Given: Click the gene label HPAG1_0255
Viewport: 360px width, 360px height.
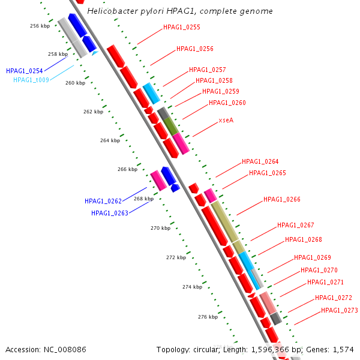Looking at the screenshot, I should pos(182,28).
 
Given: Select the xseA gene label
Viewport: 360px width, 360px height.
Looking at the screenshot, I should pos(226,120).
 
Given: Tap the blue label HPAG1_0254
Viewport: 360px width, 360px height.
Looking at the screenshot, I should pos(25,71).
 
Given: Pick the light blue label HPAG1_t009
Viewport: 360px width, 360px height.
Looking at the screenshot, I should pos(31,80).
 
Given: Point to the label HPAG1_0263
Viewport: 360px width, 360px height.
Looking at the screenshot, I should pos(110,213).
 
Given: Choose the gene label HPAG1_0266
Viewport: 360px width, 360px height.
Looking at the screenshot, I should pos(282,200).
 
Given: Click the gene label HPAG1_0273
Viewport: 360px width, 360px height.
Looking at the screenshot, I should pos(340,311).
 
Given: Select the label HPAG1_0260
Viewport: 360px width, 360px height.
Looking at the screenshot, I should pos(227,103).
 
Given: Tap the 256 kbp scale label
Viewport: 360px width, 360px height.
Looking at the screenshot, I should pos(40,26).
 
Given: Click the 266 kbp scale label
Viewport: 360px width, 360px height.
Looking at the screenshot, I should pos(128,170).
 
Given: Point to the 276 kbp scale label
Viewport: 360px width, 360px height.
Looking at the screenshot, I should pos(208,317).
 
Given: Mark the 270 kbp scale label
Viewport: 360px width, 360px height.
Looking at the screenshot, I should pos(160,228).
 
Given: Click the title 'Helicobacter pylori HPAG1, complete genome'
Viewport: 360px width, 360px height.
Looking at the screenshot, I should pos(180,11).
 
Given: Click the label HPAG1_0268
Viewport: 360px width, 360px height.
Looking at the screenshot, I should pos(304,240).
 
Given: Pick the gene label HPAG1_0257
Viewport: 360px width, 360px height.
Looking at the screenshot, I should pos(208,70).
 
